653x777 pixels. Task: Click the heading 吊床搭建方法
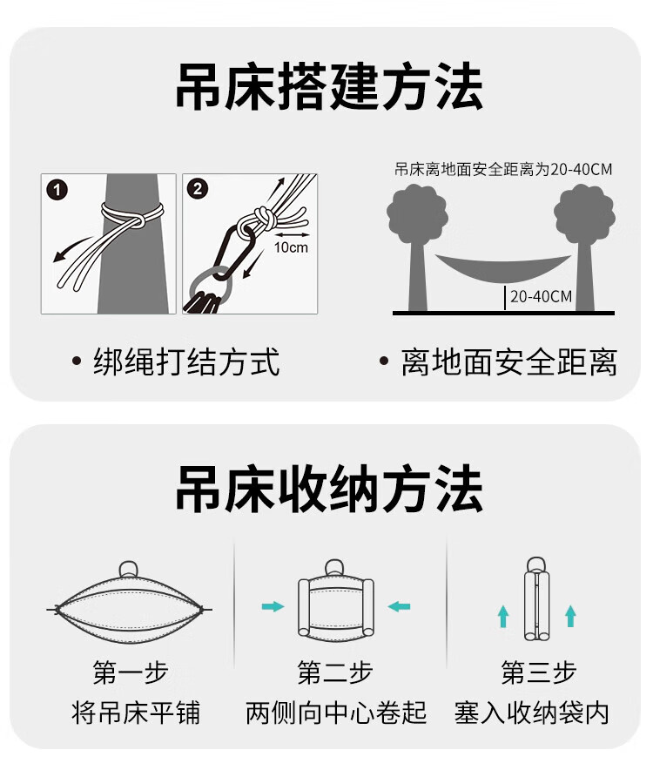[329, 87]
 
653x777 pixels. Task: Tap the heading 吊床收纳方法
[329, 489]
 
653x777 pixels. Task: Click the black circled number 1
[57, 190]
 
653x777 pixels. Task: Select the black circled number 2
[198, 189]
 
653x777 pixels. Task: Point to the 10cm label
[291, 247]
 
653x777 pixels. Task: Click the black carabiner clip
[235, 253]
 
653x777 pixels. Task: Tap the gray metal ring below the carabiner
[211, 287]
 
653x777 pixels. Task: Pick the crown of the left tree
[417, 214]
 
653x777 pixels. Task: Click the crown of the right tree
[584, 214]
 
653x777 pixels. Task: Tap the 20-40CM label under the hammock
[541, 297]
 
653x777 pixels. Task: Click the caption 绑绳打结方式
[186, 362]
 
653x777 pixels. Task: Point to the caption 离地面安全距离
[508, 362]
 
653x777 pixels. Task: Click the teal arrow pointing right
[273, 606]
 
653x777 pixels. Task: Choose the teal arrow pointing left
[400, 606]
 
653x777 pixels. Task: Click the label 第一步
[131, 672]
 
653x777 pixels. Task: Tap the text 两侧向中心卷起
[336, 713]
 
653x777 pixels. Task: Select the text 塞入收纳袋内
[532, 713]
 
